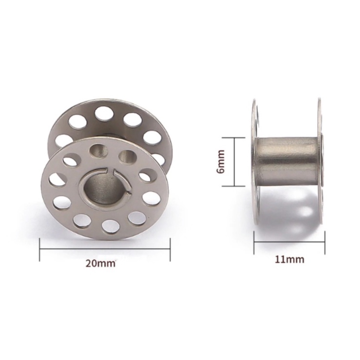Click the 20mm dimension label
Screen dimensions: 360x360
tap(100, 263)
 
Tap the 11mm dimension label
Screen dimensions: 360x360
tap(289, 259)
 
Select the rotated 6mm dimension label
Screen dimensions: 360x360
tap(221, 162)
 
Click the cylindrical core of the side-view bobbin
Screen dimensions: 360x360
tap(288, 162)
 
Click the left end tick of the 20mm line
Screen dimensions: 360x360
tap(40, 250)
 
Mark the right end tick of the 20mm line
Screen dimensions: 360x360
tap(170, 250)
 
